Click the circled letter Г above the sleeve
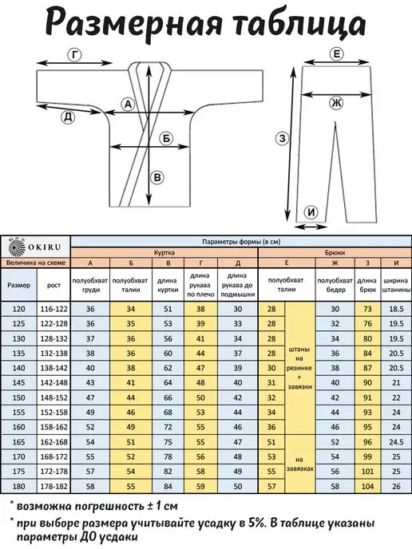pos(74,55)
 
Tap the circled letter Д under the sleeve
pos(68,117)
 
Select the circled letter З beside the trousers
pos(282,139)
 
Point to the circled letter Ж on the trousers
pos(336,103)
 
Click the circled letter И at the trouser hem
pos(312,212)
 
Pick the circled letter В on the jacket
pos(157,177)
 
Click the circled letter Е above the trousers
pos(337,54)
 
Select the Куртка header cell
pos(164,252)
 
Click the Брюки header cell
pos(335,252)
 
